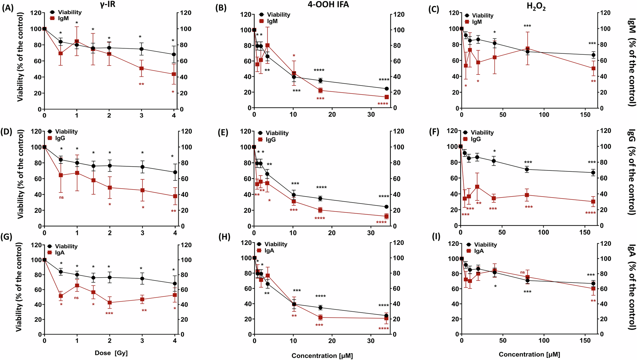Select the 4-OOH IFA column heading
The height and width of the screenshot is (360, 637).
[328, 4]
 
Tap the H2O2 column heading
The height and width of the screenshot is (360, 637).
[536, 7]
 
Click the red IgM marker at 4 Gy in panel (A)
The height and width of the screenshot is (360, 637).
[174, 74]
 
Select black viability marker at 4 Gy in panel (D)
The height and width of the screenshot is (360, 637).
[175, 172]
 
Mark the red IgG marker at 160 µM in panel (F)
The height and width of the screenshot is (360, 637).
[593, 202]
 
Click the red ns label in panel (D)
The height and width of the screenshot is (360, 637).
[61, 197]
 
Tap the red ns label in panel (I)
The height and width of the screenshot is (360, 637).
[522, 272]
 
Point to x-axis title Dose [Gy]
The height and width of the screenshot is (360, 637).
[111, 353]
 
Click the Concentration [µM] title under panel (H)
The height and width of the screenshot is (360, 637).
[322, 356]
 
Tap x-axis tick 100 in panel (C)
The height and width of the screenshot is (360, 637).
[544, 114]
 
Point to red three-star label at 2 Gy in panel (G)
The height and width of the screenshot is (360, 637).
[109, 314]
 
